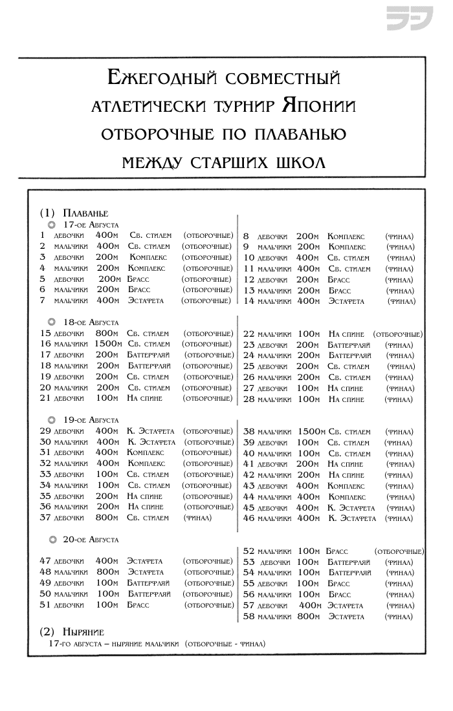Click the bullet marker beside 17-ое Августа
click(x=51, y=224)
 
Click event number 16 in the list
click(x=45, y=344)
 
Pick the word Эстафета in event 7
click(x=146, y=300)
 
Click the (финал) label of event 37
click(x=197, y=518)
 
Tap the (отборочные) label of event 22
click(x=398, y=334)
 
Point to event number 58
click(x=249, y=616)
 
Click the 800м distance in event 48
click(x=107, y=571)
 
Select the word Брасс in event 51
click(x=138, y=604)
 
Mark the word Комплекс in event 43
click(x=347, y=485)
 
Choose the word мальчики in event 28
click(x=275, y=399)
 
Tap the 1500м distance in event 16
click(x=111, y=344)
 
